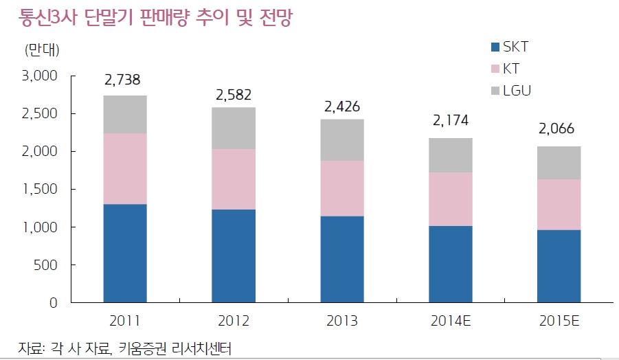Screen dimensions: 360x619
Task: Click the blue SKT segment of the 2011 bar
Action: coord(125,253)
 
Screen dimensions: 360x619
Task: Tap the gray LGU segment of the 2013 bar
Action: coord(342,140)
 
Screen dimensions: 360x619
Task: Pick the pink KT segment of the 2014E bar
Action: coord(451,199)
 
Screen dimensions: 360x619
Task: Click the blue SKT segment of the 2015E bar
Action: coord(559,266)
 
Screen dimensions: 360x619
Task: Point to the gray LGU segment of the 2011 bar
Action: coord(125,115)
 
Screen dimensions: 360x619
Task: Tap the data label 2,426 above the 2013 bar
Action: coord(341,106)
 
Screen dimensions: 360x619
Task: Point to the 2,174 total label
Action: coord(451,122)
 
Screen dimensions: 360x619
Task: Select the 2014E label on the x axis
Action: coord(451,321)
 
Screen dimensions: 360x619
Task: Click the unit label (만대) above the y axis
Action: coord(42,50)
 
